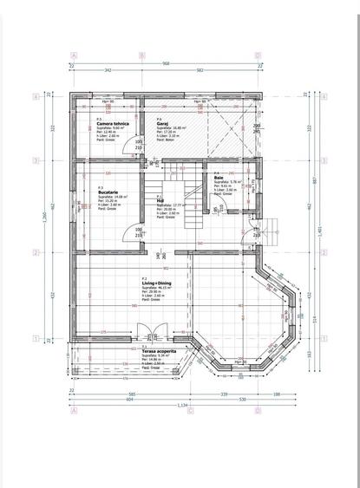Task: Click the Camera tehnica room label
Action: click(114, 124)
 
